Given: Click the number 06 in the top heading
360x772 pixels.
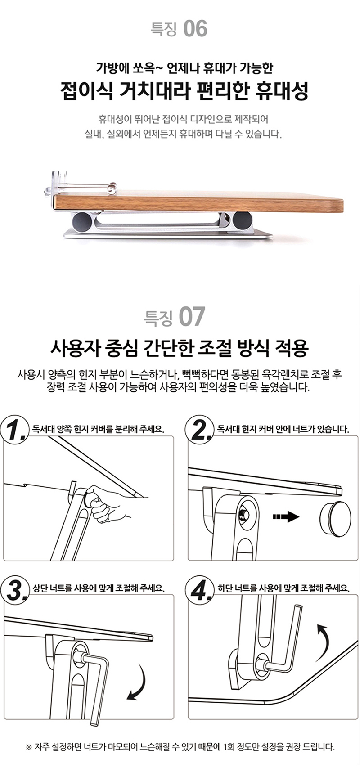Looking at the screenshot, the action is click(196, 29).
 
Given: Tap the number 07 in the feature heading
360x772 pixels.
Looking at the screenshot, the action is click(192, 317).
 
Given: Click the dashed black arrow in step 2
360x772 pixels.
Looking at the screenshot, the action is click(285, 516).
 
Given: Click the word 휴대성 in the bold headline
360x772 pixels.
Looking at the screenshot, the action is click(281, 91).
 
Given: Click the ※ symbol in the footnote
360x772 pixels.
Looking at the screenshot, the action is click(29, 748).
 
